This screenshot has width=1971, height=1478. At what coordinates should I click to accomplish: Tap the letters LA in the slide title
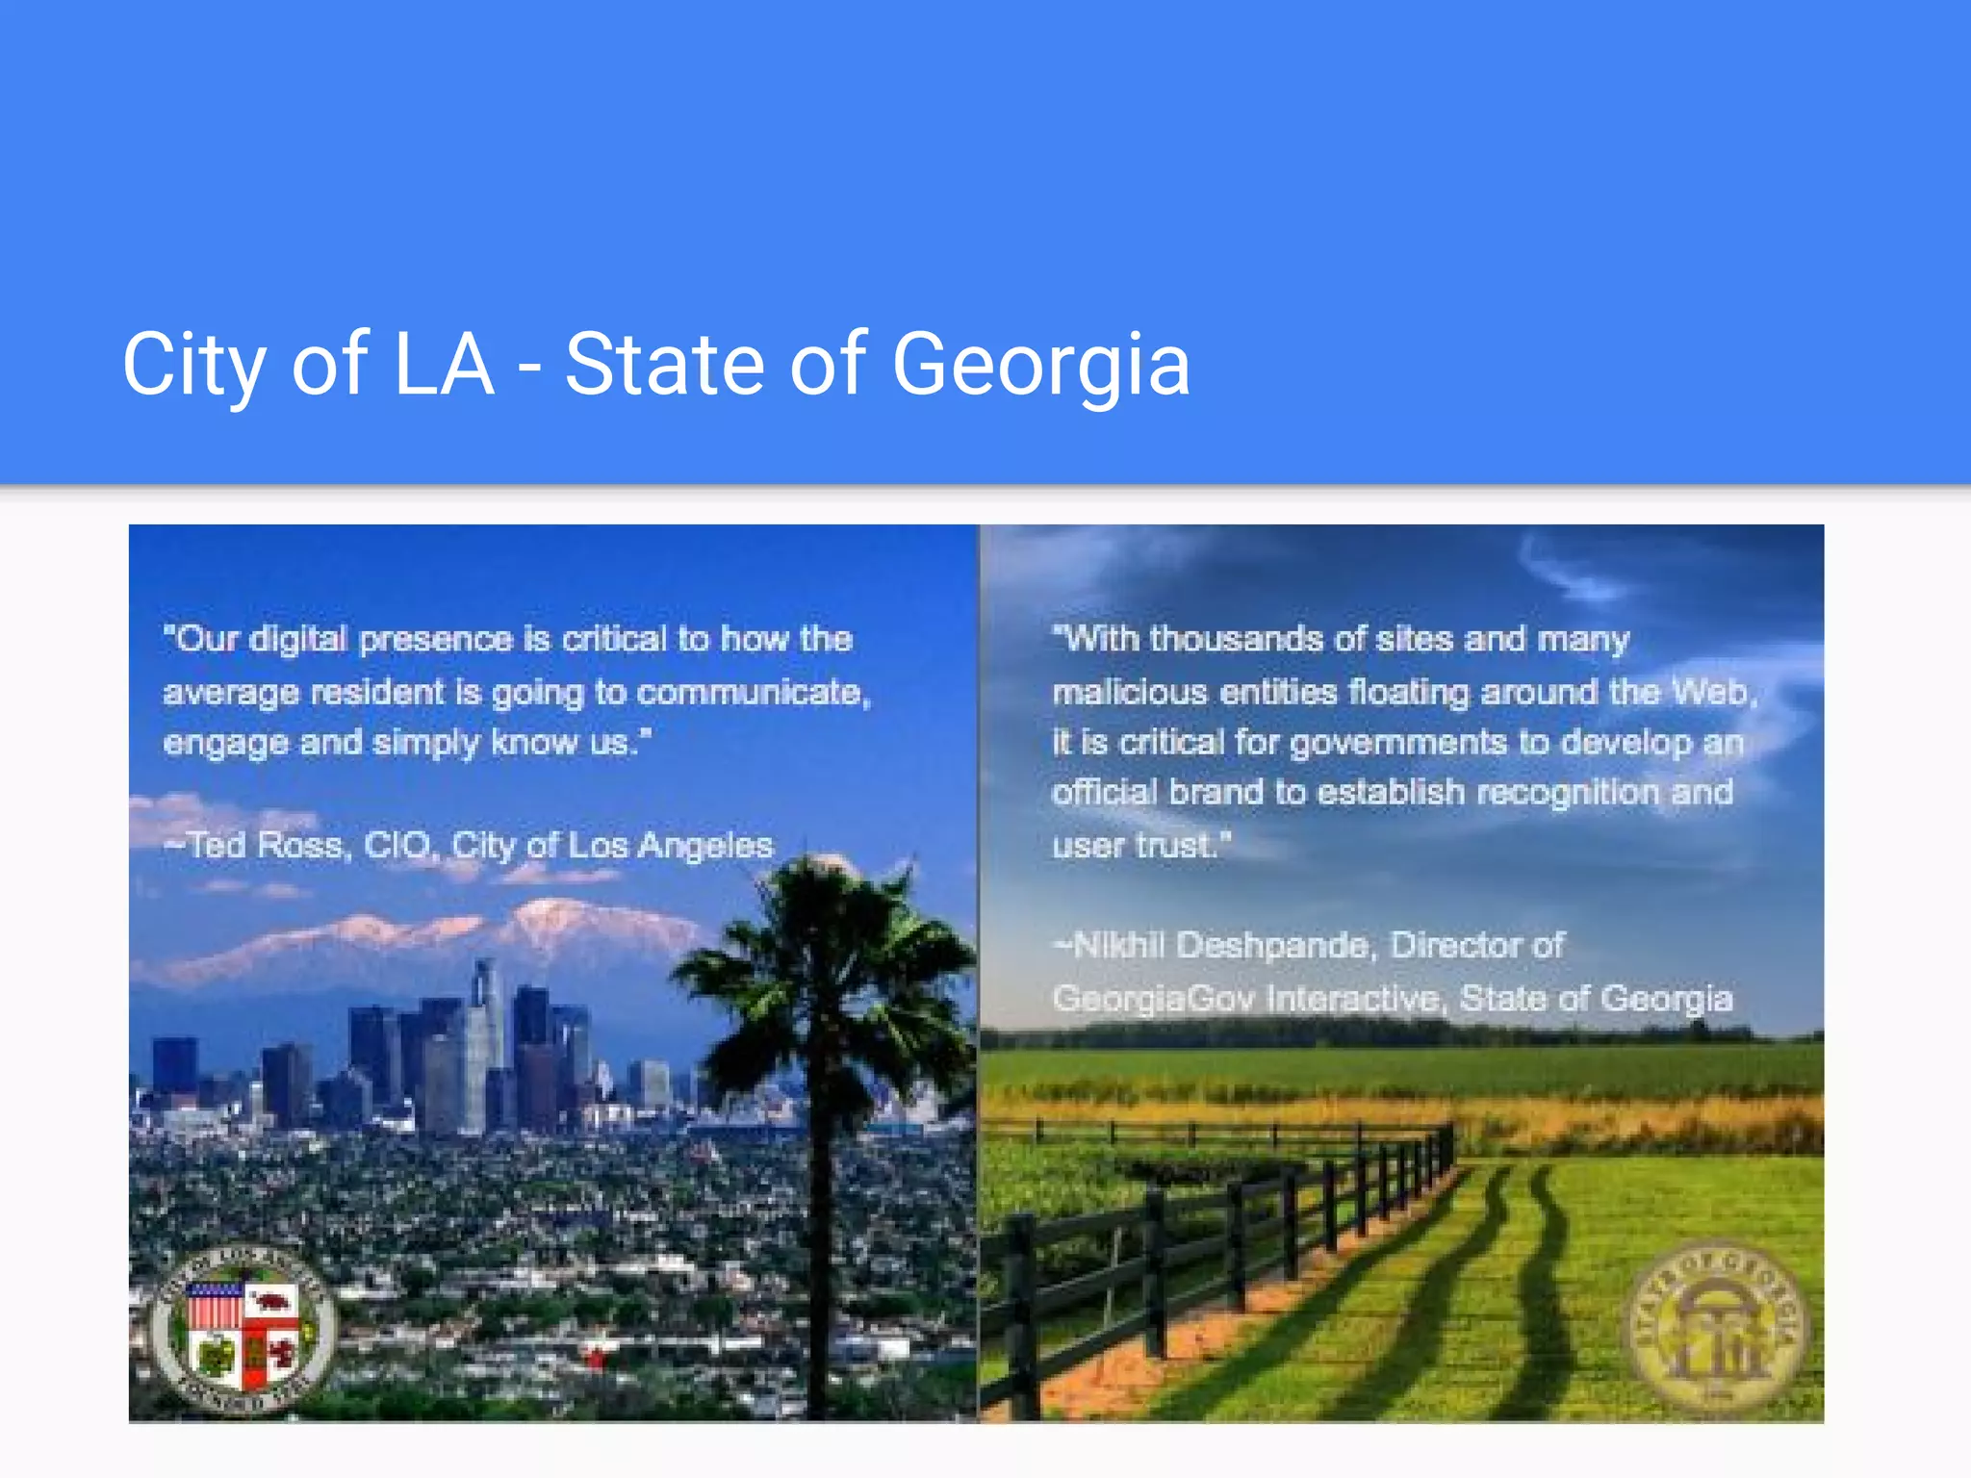pos(444,365)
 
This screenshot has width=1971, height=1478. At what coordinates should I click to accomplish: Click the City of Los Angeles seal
pos(243,1332)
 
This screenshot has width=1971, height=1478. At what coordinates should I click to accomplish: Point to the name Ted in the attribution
pos(217,846)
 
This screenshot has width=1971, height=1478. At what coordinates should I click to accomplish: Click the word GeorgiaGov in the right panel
pos(1153,999)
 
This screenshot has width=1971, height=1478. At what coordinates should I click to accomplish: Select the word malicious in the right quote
pos(1130,692)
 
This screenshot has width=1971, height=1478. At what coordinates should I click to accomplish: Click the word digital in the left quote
pos(297,639)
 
